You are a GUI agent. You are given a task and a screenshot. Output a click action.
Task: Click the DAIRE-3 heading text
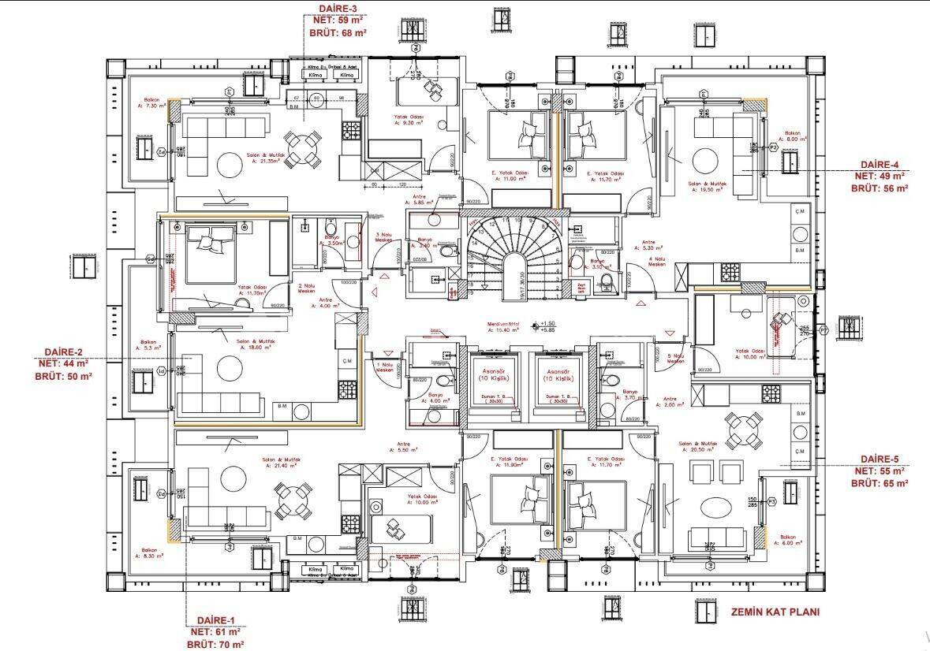click(338, 9)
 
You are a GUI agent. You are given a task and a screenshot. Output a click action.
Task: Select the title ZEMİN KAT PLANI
click(775, 612)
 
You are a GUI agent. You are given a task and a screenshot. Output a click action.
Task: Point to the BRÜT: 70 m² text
click(214, 644)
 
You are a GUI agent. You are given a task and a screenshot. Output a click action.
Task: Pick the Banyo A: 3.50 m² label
click(332, 240)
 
